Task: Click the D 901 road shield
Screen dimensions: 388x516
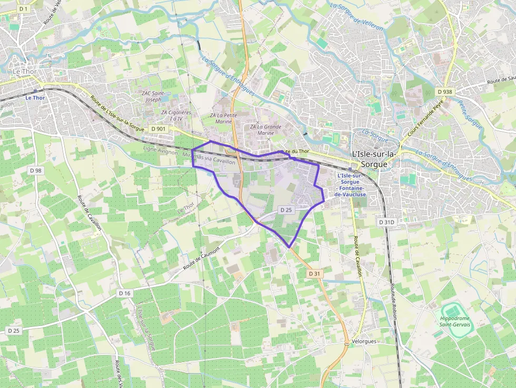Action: [158, 128]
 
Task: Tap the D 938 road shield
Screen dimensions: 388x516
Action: [445, 92]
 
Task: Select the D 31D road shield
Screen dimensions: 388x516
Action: [386, 222]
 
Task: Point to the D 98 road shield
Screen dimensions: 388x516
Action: [36, 171]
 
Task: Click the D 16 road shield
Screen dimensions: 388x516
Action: [124, 293]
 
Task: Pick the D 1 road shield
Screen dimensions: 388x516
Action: [23, 9]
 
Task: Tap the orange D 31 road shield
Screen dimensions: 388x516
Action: [314, 274]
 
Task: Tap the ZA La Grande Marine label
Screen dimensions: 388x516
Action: [265, 130]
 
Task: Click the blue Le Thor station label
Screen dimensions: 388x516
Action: [36, 97]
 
